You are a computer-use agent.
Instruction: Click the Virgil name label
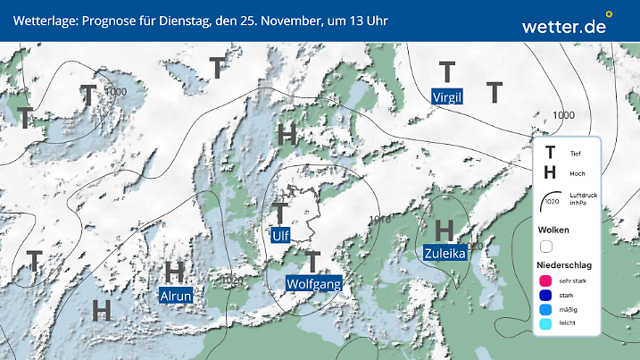(447, 96)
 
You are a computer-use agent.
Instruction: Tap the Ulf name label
(281, 235)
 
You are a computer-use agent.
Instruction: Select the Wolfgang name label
(313, 283)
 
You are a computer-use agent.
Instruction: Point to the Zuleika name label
(445, 253)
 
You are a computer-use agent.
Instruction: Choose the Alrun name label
(175, 294)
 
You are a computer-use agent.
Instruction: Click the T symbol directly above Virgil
(447, 71)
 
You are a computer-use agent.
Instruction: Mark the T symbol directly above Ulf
(280, 213)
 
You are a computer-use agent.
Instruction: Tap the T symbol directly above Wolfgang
(312, 261)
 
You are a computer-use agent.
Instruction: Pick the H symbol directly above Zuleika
(445, 230)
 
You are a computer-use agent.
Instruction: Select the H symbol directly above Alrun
(175, 271)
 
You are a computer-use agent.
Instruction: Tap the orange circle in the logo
(609, 14)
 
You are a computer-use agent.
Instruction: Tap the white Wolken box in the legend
(547, 246)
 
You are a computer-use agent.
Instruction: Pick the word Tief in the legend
(575, 155)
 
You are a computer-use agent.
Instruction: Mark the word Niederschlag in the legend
(566, 265)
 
